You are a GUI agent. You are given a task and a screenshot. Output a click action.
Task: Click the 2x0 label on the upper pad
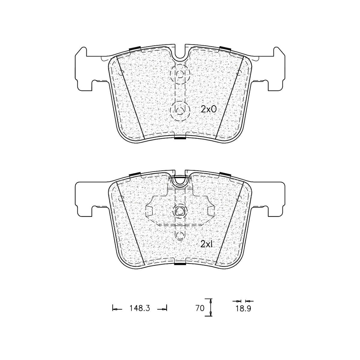click(208, 110)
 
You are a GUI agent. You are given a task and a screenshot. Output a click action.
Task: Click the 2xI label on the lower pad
click(206, 244)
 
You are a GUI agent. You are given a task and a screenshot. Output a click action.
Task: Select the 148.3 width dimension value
click(139, 308)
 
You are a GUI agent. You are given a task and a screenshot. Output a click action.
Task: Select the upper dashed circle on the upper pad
click(180, 74)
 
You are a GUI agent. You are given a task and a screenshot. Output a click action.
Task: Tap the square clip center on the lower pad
click(180, 211)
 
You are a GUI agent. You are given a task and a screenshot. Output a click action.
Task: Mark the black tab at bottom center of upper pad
click(180, 138)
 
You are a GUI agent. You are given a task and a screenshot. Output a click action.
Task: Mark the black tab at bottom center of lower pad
click(180, 264)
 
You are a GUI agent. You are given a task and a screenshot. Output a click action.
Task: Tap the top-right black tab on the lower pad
click(224, 174)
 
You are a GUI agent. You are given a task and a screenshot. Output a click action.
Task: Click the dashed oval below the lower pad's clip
click(180, 236)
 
